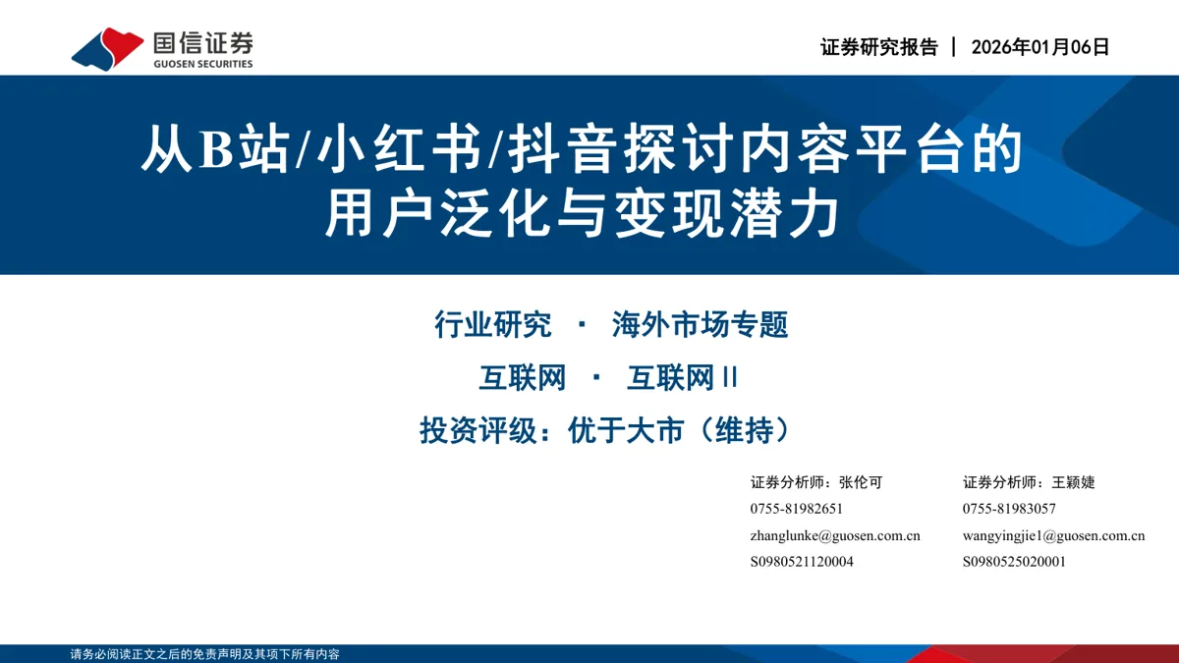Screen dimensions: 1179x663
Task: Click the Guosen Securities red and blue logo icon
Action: point(107,48)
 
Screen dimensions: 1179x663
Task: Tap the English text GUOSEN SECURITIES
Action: point(203,64)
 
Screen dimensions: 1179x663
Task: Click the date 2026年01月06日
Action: point(1040,47)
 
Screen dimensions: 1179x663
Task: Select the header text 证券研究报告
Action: point(879,47)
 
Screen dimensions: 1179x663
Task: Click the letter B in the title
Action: point(216,149)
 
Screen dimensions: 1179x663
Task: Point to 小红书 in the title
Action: point(399,149)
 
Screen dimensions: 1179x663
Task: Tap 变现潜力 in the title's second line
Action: point(726,214)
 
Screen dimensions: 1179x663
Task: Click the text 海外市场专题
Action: point(700,324)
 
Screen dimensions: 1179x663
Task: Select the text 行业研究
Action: point(492,324)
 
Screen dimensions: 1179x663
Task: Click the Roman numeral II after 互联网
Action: point(731,378)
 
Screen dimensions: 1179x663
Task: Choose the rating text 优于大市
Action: point(626,430)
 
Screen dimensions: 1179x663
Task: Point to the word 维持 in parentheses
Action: point(745,430)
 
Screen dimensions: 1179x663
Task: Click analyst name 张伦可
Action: point(861,482)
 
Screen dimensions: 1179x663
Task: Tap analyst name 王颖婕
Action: point(1073,482)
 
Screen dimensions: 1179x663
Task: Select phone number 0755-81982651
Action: point(797,509)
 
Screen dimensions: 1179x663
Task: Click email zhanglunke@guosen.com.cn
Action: point(835,535)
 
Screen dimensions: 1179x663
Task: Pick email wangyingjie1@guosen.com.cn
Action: point(1053,535)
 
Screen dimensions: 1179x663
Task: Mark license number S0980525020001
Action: point(1014,562)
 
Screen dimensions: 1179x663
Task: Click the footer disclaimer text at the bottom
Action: point(204,654)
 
